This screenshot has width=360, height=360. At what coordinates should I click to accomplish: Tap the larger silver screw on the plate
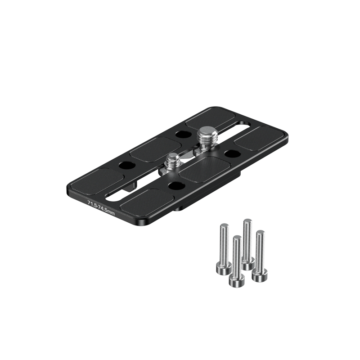click(x=205, y=139)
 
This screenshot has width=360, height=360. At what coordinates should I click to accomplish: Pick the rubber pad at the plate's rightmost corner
click(x=260, y=138)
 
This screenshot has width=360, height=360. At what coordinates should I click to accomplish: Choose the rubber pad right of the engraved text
click(x=147, y=201)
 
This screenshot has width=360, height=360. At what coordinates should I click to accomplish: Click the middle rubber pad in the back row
click(x=155, y=149)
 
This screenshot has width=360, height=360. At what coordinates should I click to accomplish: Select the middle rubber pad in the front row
click(x=205, y=170)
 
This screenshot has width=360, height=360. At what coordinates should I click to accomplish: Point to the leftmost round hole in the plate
click(x=126, y=165)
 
